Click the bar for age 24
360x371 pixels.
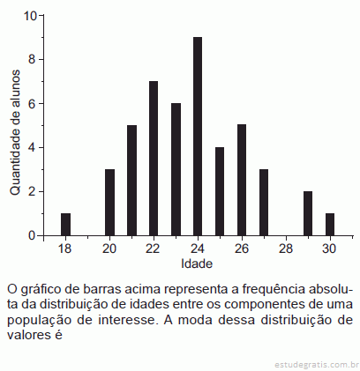point(198,137)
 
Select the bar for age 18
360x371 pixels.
point(65,225)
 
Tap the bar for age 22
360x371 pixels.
point(154,159)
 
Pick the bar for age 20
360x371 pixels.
point(109,203)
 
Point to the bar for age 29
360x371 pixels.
point(308,213)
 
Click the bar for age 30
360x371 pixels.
point(330,225)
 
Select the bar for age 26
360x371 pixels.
point(242,180)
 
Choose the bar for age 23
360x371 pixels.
point(176,169)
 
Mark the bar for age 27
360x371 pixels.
point(264,203)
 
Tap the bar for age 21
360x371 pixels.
point(131,181)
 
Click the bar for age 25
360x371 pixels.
point(220,191)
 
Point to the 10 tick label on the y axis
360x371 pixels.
point(30,16)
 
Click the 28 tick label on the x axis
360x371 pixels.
point(286,249)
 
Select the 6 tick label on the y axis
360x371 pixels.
point(32,104)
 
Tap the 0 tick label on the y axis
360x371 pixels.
point(32,235)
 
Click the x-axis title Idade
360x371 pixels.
point(197,263)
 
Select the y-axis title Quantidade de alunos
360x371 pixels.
point(15,132)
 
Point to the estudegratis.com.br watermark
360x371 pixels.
point(314,365)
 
